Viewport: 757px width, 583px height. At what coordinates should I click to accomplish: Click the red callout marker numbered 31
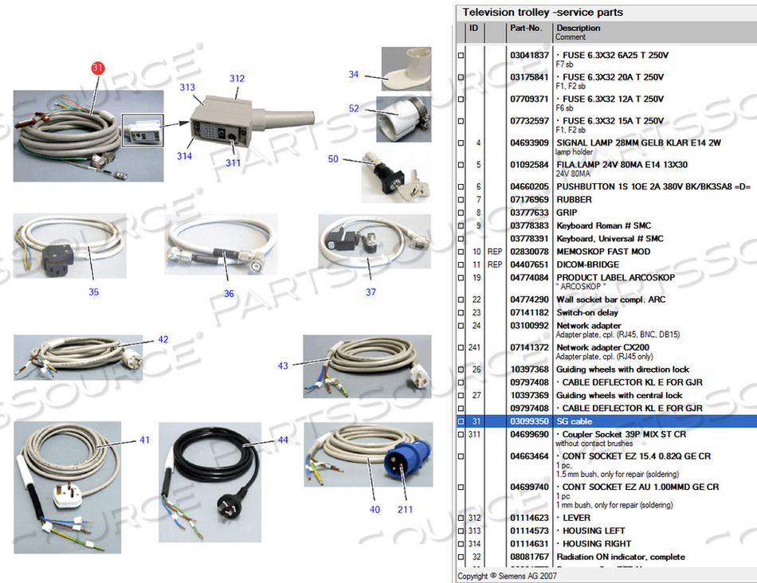coord(97,68)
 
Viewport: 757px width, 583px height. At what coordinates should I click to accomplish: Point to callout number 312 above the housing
coord(237,79)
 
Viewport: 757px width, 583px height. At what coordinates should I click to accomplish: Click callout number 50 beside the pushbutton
coord(333,159)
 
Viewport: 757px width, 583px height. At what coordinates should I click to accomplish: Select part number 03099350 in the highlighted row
coord(529,421)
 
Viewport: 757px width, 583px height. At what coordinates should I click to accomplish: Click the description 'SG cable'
coord(575,421)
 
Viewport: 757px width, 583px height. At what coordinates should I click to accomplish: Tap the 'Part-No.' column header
coord(526,28)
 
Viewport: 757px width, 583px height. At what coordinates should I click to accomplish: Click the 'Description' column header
coord(579,28)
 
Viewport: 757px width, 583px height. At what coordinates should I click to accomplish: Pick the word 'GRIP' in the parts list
coord(567,213)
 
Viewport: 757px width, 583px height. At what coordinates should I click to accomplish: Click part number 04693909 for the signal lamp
coord(529,143)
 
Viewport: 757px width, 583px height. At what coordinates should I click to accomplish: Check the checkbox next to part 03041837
coord(460,56)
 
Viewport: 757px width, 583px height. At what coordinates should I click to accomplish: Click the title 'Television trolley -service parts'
coord(543,12)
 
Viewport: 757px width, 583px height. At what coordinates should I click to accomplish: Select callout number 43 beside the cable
coord(283,366)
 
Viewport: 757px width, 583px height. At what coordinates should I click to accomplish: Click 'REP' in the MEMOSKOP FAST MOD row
coord(496,252)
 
